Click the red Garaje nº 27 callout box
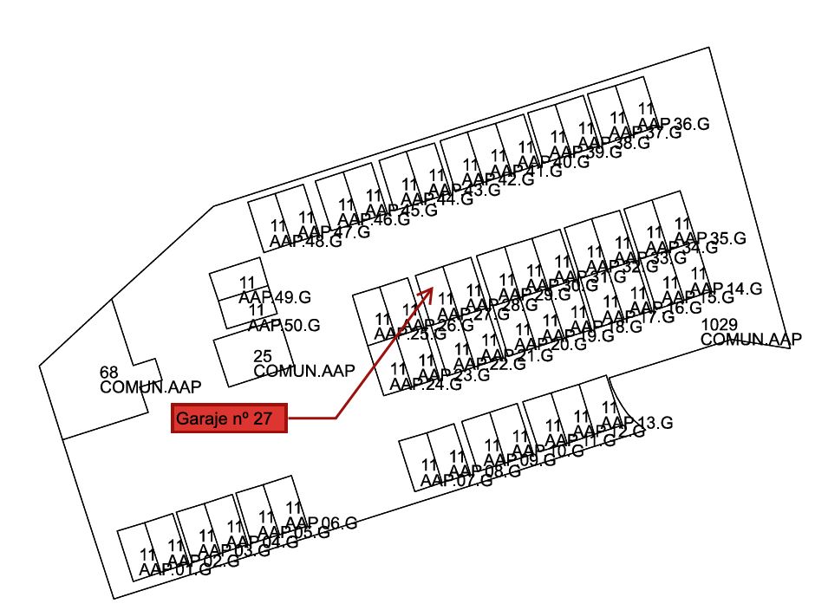(x=228, y=419)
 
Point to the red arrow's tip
(x=432, y=289)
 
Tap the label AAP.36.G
(x=674, y=124)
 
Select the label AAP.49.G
(x=275, y=298)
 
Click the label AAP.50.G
(x=284, y=326)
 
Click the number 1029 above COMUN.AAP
(x=719, y=324)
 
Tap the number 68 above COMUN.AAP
(x=108, y=373)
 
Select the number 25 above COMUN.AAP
(x=263, y=356)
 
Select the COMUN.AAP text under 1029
(x=752, y=340)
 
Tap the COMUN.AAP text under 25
(x=304, y=372)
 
